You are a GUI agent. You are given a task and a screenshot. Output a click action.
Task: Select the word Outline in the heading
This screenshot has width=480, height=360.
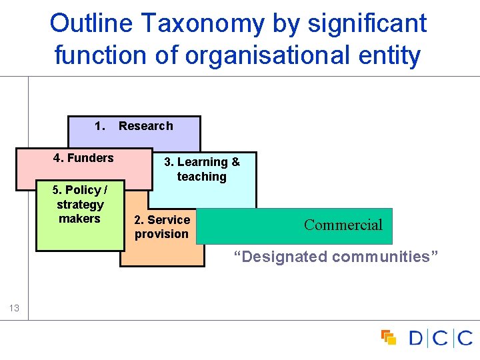coord(87,24)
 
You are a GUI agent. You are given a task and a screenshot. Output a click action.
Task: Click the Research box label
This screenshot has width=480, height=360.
coord(145,126)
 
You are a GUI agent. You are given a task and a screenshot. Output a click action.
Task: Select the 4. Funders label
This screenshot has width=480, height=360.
coord(83,158)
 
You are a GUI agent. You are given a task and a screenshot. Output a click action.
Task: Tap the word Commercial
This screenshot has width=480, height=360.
coord(343,225)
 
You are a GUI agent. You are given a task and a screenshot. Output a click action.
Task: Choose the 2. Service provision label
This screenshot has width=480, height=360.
coord(162,227)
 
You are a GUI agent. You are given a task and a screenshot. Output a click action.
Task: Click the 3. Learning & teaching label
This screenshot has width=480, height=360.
coord(202,169)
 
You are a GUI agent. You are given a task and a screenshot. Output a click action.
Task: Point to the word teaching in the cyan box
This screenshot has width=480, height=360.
coord(201,177)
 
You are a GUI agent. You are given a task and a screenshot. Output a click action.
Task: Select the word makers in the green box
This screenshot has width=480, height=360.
coord(79,219)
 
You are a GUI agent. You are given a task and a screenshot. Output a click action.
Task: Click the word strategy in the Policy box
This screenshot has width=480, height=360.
coord(80,205)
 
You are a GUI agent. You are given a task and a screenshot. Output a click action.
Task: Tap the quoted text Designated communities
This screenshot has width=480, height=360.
coord(336,257)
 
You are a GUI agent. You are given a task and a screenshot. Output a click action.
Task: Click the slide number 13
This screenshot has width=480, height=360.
coord(15,308)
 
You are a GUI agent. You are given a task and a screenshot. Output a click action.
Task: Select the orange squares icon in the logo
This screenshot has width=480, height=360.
coord(388,337)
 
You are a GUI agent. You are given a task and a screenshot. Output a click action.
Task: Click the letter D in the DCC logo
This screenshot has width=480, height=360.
coord(416,338)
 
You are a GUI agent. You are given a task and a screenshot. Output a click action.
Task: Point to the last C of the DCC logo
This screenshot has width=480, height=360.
coord(465,338)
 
